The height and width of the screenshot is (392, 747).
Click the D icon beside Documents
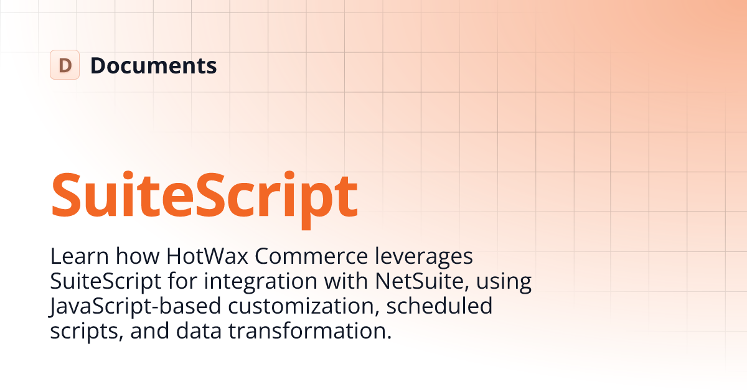click(65, 65)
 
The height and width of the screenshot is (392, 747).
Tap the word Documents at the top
click(154, 65)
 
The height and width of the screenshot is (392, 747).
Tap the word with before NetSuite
click(348, 281)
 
